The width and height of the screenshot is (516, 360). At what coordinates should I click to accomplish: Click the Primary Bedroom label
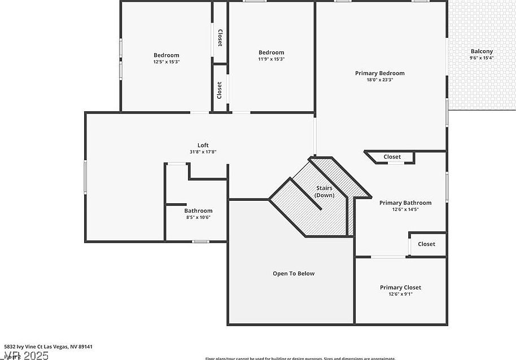(379, 73)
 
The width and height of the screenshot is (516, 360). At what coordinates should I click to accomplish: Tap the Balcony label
(482, 51)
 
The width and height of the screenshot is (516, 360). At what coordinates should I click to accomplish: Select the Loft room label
(203, 145)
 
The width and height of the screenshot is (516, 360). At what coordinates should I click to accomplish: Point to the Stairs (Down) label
(324, 192)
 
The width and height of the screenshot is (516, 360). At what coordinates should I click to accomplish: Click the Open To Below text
(294, 274)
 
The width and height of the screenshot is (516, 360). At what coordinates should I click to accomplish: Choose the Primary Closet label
(400, 288)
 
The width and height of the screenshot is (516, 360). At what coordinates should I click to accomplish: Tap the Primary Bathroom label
(405, 203)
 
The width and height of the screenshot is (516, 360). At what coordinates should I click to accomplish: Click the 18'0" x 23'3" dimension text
(379, 80)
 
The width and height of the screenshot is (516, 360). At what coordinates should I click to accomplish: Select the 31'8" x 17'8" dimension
(203, 152)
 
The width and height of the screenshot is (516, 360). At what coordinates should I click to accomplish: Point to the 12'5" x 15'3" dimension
(167, 62)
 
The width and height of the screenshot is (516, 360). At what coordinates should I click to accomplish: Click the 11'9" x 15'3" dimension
(271, 59)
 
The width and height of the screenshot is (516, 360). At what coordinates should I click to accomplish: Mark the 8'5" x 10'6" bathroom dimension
(198, 217)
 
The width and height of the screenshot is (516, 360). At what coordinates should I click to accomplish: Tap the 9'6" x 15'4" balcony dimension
(482, 58)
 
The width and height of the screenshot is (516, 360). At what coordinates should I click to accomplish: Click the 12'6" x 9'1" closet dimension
(400, 294)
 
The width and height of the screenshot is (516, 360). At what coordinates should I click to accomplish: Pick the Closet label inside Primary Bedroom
(392, 157)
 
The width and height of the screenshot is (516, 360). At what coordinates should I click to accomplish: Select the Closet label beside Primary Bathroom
(426, 244)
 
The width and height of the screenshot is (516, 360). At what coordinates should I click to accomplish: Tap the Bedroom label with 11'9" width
(271, 52)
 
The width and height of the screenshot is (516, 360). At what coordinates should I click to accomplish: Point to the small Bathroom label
(198, 211)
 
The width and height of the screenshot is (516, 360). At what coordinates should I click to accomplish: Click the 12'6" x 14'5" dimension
(405, 209)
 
